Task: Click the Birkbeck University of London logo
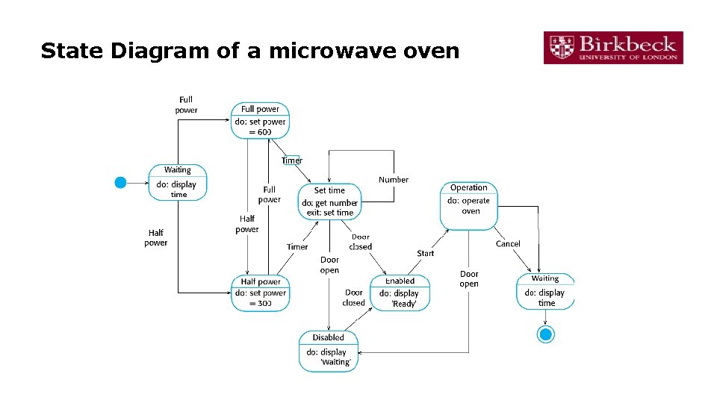(x=612, y=48)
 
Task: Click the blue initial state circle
(x=120, y=182)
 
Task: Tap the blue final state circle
(x=546, y=334)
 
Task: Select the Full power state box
(x=260, y=120)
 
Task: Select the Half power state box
(x=260, y=293)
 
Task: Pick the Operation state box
(x=469, y=205)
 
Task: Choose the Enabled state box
(x=400, y=293)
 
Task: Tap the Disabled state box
(x=329, y=351)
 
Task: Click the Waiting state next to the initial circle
(x=178, y=182)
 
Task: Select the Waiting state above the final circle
(x=545, y=292)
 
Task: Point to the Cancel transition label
(x=508, y=244)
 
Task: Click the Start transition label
(x=426, y=254)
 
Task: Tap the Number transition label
(x=394, y=180)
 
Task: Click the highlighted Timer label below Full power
(x=292, y=160)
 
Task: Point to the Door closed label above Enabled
(x=361, y=242)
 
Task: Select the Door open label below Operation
(x=469, y=279)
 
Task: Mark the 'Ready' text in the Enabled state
(x=404, y=304)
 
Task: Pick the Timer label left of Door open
(x=297, y=247)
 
